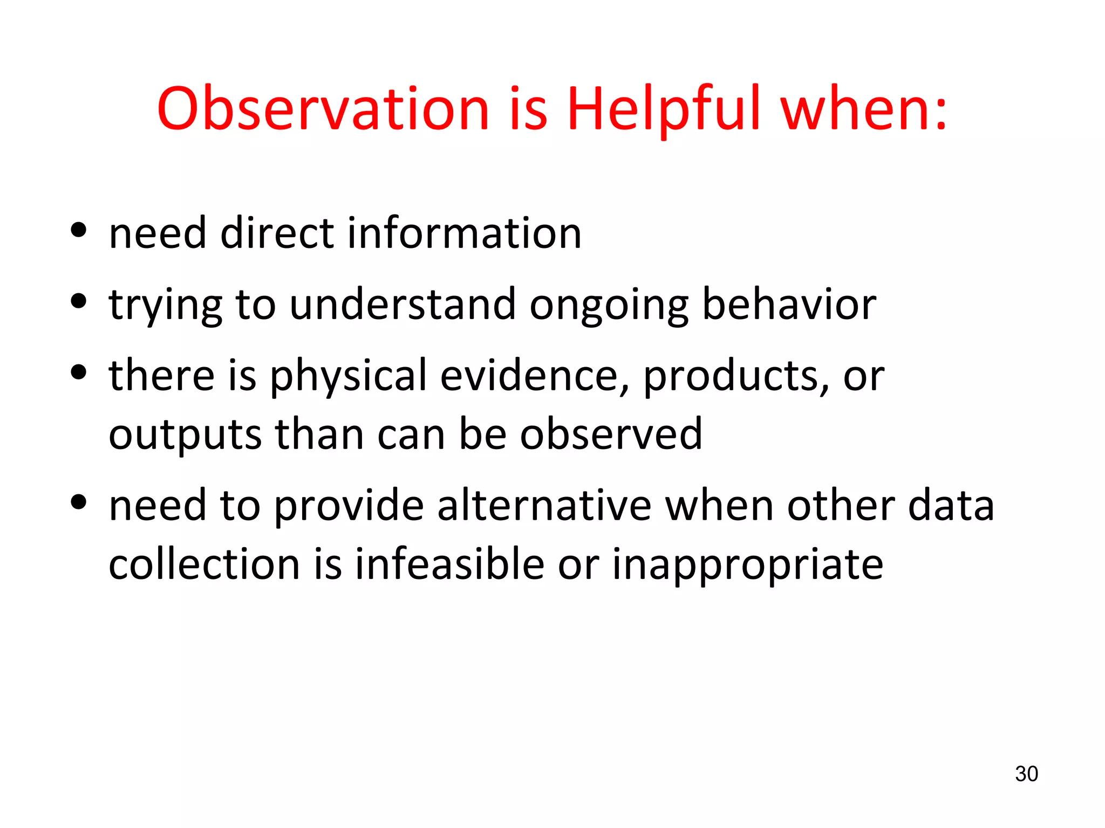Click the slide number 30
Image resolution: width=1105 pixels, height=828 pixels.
(x=1026, y=774)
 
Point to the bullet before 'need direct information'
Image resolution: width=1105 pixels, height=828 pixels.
(x=79, y=230)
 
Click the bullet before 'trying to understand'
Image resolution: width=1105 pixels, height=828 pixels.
(x=79, y=301)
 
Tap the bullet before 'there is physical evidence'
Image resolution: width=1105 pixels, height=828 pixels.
(x=79, y=372)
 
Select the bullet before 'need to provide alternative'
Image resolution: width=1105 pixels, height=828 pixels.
(x=79, y=502)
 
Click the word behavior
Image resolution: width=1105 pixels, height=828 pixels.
(x=789, y=305)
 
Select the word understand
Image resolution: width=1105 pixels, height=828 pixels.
(x=403, y=305)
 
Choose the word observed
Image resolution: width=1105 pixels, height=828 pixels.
(x=611, y=434)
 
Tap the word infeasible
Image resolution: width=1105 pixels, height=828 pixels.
(x=449, y=564)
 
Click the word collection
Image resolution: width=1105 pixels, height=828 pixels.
(x=204, y=564)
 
